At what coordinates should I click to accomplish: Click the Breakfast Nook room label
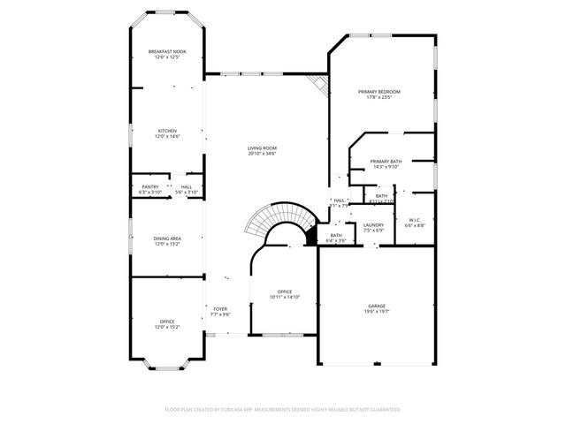pos(167,52)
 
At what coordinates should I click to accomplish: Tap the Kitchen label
pos(167,130)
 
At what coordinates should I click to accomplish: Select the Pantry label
pos(149,186)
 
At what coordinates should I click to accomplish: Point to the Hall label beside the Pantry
pos(187,186)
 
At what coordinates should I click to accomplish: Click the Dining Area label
pos(167,238)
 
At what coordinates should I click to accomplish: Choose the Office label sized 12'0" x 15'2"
pos(167,321)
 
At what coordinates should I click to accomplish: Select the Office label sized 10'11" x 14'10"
pos(285,291)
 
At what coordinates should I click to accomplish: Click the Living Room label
pos(262,148)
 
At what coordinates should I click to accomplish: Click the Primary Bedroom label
pos(379,92)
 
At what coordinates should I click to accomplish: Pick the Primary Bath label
pos(386,161)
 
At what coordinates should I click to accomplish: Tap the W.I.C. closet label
pos(415,220)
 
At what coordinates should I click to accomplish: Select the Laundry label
pos(373,225)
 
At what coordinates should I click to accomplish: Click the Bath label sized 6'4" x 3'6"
pos(336,235)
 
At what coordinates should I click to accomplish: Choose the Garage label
pos(378,306)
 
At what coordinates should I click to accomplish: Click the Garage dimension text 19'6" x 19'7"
pos(378,312)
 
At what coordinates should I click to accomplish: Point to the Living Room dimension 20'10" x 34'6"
pos(262,154)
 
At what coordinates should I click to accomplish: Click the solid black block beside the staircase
pos(310,237)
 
